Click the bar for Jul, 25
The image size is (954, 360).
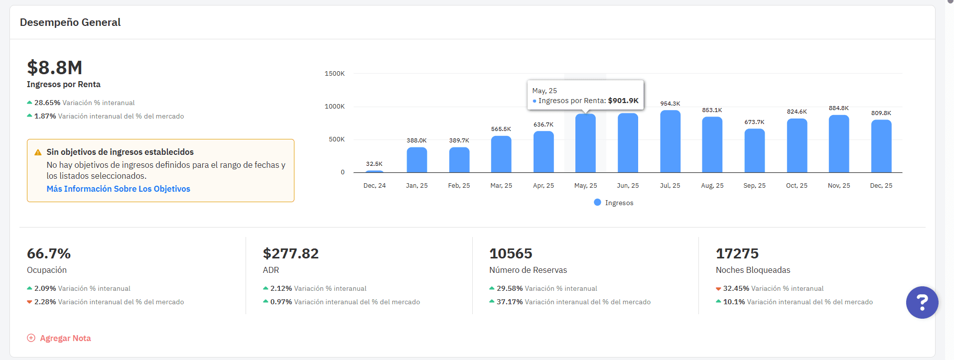click(670, 142)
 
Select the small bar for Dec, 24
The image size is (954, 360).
click(375, 171)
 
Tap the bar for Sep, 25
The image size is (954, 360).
click(754, 151)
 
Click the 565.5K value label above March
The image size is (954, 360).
click(501, 129)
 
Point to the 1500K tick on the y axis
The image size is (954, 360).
click(334, 74)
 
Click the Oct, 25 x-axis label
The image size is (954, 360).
click(797, 186)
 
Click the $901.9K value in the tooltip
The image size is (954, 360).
click(623, 101)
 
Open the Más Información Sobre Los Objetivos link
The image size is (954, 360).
click(118, 189)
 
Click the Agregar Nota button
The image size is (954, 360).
click(59, 338)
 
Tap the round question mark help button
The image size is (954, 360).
click(922, 302)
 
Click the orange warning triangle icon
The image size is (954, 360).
click(38, 152)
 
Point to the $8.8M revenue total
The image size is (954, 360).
click(55, 68)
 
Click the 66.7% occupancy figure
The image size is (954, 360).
click(49, 254)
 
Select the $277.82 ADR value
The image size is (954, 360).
click(290, 254)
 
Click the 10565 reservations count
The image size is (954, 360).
click(511, 254)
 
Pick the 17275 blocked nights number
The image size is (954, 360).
click(737, 254)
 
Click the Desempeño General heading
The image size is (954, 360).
click(70, 22)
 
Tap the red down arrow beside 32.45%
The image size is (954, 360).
click(718, 289)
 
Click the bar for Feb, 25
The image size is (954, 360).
click(459, 160)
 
